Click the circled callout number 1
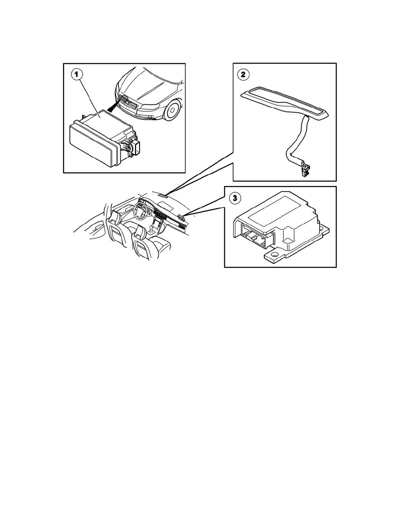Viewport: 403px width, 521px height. point(77,75)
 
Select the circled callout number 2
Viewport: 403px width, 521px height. point(242,75)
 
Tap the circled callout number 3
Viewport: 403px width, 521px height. point(236,198)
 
